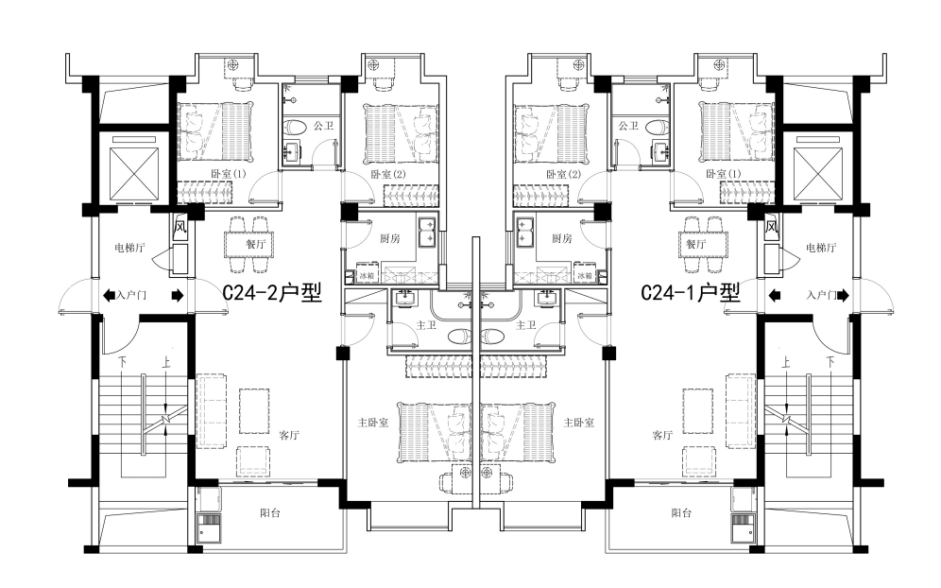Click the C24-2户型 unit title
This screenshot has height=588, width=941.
point(272,293)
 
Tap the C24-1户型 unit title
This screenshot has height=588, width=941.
point(690,293)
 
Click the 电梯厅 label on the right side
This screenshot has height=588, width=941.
point(821,248)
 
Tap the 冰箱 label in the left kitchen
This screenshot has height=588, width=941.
point(366,276)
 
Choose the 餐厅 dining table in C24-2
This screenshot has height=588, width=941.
point(249,244)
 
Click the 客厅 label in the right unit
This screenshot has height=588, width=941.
point(662,435)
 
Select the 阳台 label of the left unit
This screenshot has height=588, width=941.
point(270,513)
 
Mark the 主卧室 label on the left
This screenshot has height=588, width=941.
point(373,423)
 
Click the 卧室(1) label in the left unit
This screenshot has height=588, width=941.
point(229,174)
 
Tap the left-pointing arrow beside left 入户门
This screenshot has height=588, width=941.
point(109,295)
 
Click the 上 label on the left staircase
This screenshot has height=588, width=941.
point(165,363)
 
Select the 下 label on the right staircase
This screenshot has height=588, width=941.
point(830,363)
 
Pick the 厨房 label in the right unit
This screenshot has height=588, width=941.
point(562,238)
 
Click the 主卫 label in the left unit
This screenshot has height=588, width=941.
point(426,325)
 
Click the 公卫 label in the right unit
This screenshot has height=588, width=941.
point(628,126)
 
